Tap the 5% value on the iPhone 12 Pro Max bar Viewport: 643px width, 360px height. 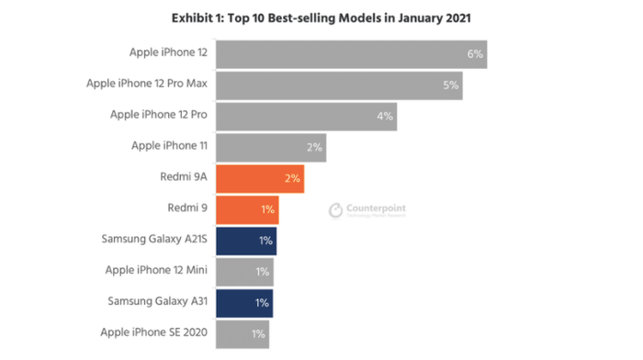pos(450,85)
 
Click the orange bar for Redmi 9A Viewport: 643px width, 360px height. pos(259,178)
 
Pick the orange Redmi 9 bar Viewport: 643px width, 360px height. pos(247,209)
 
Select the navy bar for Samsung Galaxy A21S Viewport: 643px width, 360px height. pos(246,241)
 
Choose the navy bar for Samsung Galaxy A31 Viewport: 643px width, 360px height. pos(244,302)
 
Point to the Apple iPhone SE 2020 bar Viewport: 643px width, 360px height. pos(243,333)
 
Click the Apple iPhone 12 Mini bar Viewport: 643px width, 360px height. pos(244,272)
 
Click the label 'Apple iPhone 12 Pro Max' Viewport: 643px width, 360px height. pos(146,84)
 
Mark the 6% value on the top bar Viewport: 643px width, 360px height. pos(475,54)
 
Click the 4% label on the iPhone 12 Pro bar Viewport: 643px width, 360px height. pos(384,117)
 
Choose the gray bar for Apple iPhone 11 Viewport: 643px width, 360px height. pos(271,148)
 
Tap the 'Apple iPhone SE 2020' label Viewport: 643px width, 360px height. pos(153,332)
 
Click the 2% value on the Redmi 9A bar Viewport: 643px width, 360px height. pos(292,178)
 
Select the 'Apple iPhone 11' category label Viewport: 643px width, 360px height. pos(169,146)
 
